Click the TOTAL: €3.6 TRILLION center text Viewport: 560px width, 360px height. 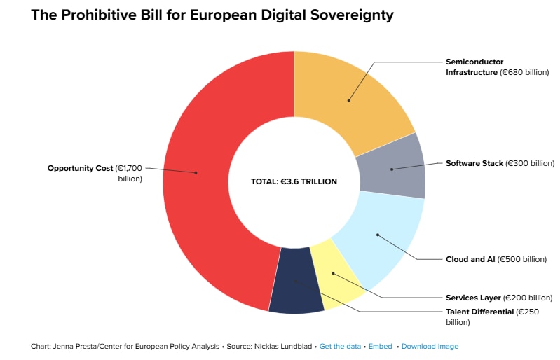coord(294,181)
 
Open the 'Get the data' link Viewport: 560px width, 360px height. coord(340,347)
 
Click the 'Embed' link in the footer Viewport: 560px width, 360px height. coord(380,347)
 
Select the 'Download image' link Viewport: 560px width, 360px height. coord(430,347)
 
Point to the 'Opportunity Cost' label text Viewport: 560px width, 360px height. coord(80,169)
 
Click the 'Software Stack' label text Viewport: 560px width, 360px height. coord(474,163)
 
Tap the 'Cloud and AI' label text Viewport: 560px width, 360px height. coord(470,259)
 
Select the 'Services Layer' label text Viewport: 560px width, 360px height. coord(473,298)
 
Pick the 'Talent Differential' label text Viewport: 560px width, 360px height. coord(479,312)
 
